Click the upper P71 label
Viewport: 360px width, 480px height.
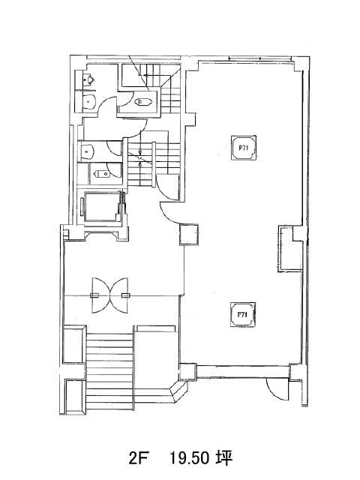[x=243, y=148]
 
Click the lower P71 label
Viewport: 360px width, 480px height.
[x=242, y=315]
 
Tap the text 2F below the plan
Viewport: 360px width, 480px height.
[x=138, y=458]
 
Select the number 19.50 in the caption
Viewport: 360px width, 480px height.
[x=190, y=458]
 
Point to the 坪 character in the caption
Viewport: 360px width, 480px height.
[x=225, y=458]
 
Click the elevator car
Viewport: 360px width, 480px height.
[x=100, y=207]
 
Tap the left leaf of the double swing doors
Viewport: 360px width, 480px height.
[x=101, y=295]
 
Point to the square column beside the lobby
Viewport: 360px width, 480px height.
[x=189, y=235]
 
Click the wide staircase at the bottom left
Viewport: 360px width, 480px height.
[x=109, y=371]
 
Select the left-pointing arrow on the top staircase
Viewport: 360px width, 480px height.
[x=152, y=75]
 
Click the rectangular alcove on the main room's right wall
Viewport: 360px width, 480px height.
[x=290, y=249]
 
